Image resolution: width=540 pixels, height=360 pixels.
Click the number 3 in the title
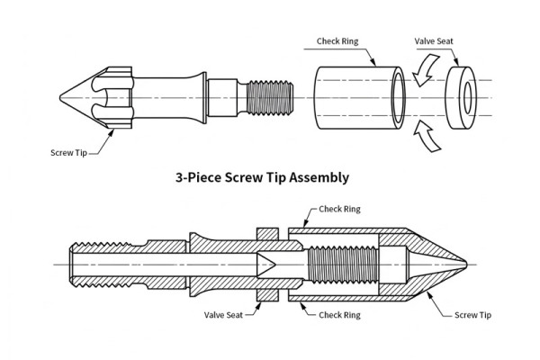point(178,178)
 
